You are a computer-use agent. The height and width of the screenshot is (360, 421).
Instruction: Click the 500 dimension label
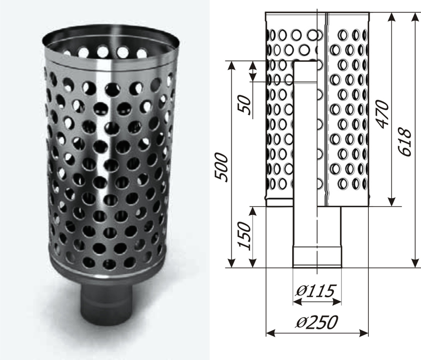222,167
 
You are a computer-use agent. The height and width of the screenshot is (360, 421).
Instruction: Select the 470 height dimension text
382,114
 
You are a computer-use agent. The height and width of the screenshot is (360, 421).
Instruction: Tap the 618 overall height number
405,143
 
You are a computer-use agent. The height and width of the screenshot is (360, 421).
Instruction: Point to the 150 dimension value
245,236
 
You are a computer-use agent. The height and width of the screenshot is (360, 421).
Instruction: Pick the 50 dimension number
245,105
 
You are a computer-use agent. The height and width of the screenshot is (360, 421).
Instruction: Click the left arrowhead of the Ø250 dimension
271,334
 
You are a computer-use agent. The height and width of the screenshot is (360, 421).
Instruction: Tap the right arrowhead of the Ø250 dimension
364,334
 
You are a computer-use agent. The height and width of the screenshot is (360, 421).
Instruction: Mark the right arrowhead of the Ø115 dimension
337,302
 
